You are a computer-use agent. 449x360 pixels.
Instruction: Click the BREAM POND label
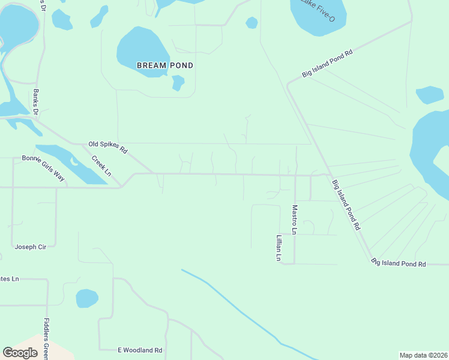[x=165, y=65]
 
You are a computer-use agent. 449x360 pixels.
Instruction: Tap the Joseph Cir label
[x=30, y=247]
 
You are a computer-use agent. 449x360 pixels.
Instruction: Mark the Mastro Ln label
[x=295, y=220]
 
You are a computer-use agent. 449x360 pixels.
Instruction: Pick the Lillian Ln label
[x=279, y=247]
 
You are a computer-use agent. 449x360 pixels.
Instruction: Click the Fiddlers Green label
[x=47, y=339]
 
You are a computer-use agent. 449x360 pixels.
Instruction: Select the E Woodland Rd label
[x=139, y=350]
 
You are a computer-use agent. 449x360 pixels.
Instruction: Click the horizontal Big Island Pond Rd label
[x=399, y=263]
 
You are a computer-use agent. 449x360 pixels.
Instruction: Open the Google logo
[x=20, y=353]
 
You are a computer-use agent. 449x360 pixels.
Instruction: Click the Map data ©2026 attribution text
[x=423, y=355]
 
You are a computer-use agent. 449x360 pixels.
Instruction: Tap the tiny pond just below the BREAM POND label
[x=178, y=82]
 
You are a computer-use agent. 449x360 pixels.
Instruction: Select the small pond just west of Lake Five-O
[x=252, y=23]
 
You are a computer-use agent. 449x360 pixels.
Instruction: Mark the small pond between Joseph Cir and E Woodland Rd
[x=87, y=298]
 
